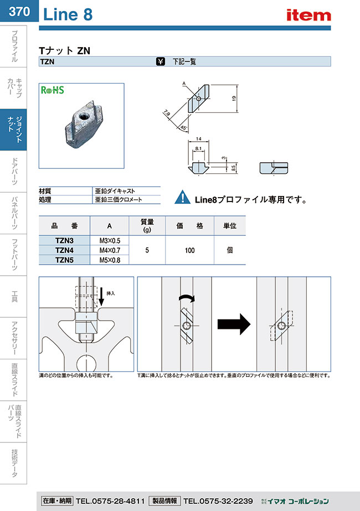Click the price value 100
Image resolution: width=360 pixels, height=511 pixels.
click(189, 250)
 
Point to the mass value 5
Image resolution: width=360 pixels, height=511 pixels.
click(147, 250)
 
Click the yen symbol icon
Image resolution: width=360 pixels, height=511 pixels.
click(161, 62)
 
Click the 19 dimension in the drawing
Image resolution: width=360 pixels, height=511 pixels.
click(234, 98)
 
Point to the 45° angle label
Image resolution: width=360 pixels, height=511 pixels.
click(183, 127)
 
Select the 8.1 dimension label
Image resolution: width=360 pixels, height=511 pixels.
click(199, 149)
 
